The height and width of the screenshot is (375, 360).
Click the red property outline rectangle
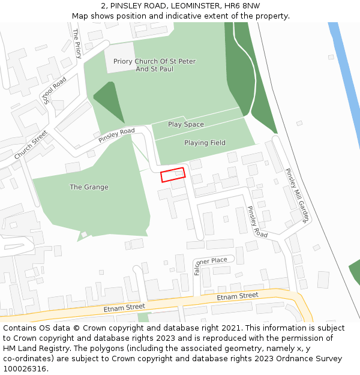[173, 175]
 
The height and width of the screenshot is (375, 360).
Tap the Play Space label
[186, 124]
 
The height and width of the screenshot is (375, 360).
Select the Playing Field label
[205, 143]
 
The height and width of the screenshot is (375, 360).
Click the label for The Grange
[89, 187]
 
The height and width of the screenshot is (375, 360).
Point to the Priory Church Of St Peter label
[155, 61]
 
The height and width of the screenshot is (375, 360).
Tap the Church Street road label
[31, 145]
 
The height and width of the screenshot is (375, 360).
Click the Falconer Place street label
[210, 262]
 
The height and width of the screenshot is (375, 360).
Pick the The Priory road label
[77, 44]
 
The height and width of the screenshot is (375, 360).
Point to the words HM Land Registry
[32, 348]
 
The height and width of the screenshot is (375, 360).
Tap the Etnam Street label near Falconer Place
[238, 296]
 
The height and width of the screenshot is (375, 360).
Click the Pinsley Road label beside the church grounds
[116, 136]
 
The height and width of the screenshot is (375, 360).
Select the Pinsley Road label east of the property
[257, 222]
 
